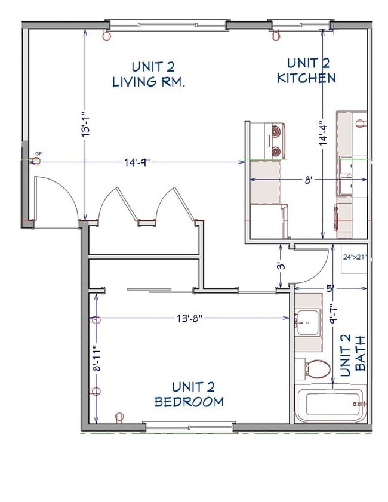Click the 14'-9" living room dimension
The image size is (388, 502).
point(137,162)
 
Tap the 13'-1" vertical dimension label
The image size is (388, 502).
point(85,125)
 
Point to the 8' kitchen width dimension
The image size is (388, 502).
point(308,180)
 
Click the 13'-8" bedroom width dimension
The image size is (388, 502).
point(189,318)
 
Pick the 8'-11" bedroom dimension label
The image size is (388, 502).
point(97,358)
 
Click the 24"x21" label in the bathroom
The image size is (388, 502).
point(355,257)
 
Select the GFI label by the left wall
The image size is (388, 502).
point(39,153)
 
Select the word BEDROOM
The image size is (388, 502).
point(189,402)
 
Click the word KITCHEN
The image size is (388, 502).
point(306,78)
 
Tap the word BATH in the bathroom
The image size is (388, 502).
point(361,353)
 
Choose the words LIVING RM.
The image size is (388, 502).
point(149,82)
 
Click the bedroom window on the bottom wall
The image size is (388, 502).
point(189,427)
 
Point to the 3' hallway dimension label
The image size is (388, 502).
point(281,266)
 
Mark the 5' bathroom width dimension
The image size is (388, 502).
point(330,288)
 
